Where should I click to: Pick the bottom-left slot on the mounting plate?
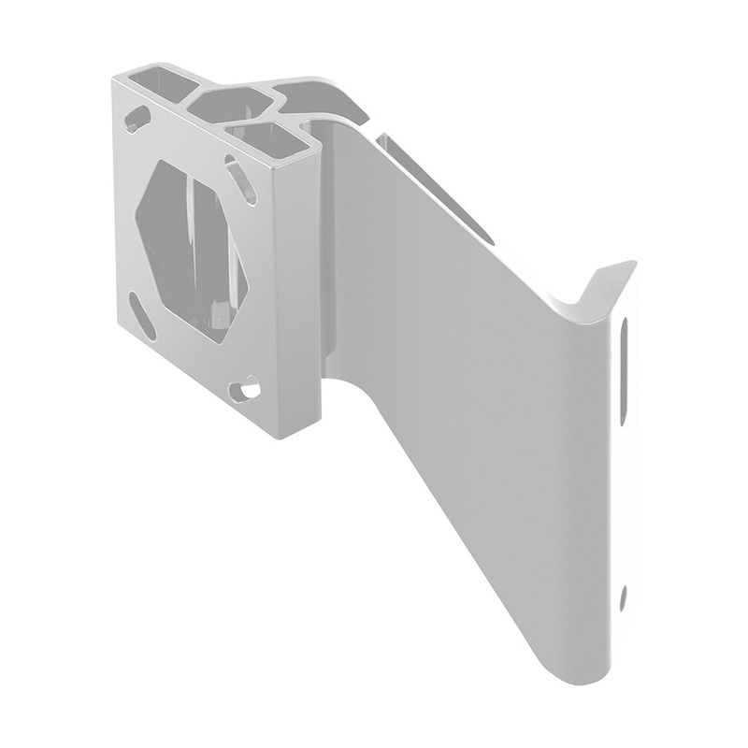pyautogui.click(x=142, y=315)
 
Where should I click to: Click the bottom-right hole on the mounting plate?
pyautogui.click(x=247, y=385)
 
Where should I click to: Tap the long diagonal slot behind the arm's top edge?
pyautogui.click(x=430, y=183)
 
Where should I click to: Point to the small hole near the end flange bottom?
pyautogui.click(x=624, y=595)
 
